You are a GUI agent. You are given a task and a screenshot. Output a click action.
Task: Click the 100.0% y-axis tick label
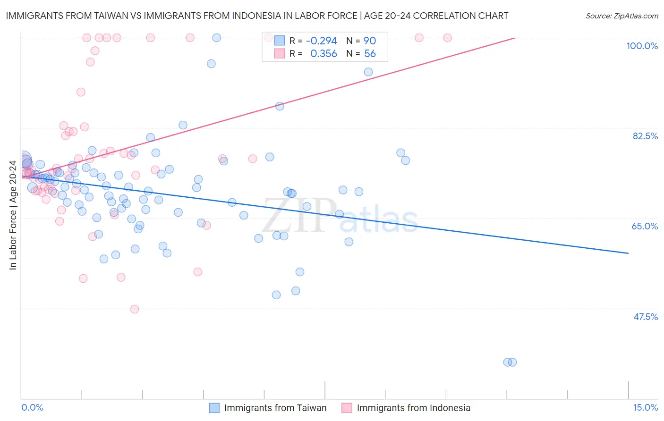click(x=642, y=46)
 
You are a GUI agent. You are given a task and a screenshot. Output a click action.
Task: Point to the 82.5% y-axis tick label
click(x=645, y=136)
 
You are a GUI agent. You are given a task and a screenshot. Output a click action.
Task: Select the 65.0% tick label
click(x=645, y=226)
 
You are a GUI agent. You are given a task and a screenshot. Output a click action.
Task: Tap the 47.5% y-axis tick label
click(x=645, y=317)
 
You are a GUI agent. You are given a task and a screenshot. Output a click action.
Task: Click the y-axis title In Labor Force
click(x=13, y=215)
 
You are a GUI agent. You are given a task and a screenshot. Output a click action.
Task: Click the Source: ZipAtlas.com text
click(x=621, y=16)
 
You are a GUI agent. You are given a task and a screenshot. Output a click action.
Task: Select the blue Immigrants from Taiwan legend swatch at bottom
click(x=214, y=408)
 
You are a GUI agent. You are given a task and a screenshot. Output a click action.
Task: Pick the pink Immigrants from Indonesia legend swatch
click(x=347, y=408)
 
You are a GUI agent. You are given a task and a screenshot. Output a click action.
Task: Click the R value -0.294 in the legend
click(x=321, y=41)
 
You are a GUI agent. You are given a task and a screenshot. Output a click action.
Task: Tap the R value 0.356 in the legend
click(x=323, y=54)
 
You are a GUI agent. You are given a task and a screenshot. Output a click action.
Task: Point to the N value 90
click(x=369, y=41)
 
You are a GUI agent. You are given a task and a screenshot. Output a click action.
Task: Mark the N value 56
click(x=370, y=54)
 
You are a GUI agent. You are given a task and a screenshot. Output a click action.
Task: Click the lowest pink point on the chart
click(x=135, y=309)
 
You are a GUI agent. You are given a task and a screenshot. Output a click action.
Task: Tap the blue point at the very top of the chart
click(x=217, y=38)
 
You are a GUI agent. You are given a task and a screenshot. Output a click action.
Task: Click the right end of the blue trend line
click(x=628, y=253)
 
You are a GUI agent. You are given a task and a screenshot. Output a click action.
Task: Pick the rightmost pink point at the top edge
click(x=447, y=38)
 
